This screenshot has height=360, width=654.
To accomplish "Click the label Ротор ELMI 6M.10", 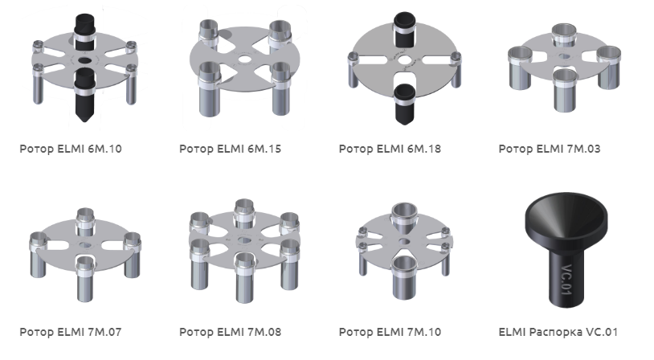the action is click(x=71, y=149).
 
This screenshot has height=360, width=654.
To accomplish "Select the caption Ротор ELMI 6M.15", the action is click(x=231, y=149).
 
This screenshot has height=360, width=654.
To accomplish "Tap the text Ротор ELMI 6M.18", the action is click(x=390, y=149).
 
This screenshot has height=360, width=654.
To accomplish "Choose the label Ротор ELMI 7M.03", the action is click(x=550, y=149).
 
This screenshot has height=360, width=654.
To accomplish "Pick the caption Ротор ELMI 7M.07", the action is click(x=71, y=332).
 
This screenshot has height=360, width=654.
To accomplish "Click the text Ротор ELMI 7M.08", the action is click(x=231, y=332).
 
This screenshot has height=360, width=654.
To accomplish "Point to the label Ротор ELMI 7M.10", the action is click(x=390, y=332).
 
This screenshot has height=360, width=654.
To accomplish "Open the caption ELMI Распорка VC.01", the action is click(x=558, y=332).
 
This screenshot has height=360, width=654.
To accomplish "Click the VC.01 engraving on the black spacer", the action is click(x=567, y=280).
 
